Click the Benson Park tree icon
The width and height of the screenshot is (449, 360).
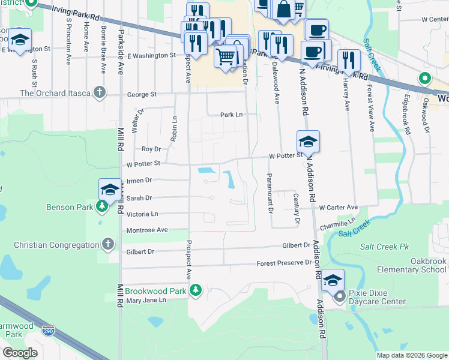point(102,207)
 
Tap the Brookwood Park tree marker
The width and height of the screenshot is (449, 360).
point(195,291)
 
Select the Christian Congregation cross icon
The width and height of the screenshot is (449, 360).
point(108,244)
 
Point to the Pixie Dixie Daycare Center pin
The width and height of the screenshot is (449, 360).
point(340,296)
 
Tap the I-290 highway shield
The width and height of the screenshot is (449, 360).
point(49,330)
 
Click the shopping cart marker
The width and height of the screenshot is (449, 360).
point(226,57)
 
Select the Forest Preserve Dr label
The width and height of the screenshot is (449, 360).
point(284,263)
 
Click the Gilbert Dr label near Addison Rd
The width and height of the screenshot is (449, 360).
point(296,245)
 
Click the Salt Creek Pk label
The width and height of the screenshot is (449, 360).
point(384,247)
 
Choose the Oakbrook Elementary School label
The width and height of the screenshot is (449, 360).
point(420,266)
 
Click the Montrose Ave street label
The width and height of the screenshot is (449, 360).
point(147,230)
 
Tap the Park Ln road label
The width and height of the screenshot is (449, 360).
point(231,114)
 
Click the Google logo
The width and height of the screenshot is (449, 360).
point(20,353)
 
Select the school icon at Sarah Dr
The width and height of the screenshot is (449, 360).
point(110,189)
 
